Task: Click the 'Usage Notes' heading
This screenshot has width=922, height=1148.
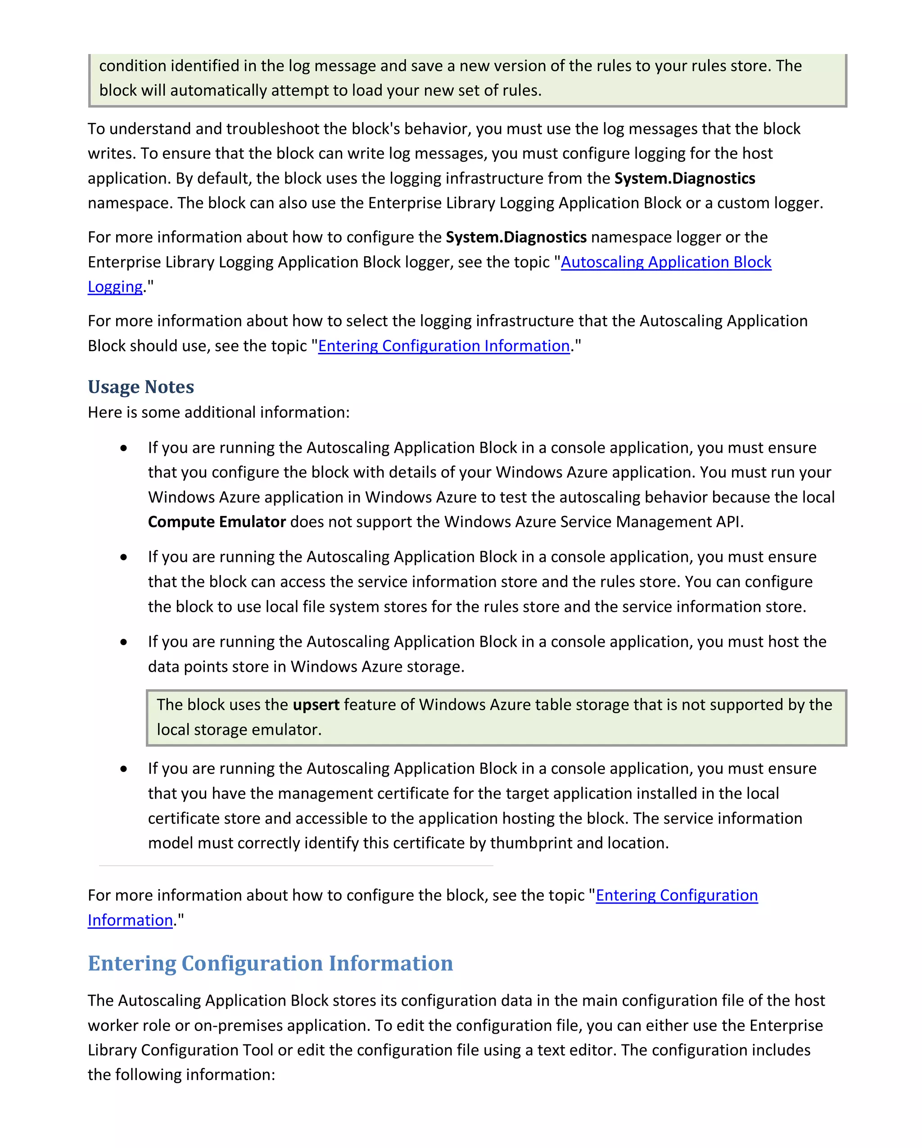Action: tap(140, 387)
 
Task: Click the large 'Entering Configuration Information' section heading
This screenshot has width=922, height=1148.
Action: tap(270, 963)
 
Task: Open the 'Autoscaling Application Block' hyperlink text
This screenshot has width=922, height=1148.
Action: tap(665, 262)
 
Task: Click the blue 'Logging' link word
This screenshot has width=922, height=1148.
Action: tap(115, 287)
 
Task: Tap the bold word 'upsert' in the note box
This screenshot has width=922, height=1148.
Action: tap(316, 705)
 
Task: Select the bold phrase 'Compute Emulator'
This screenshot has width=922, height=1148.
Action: tap(217, 522)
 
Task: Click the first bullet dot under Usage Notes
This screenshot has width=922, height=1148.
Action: tap(123, 448)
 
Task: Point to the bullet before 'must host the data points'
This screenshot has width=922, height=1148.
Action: tap(123, 642)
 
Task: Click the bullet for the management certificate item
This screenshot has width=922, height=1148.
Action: tap(123, 769)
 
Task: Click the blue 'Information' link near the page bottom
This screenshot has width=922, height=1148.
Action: tap(130, 920)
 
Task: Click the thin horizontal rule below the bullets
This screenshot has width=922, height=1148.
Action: tap(295, 866)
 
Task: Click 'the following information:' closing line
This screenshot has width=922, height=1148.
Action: tap(181, 1075)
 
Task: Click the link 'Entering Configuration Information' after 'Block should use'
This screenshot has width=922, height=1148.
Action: tap(443, 346)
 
